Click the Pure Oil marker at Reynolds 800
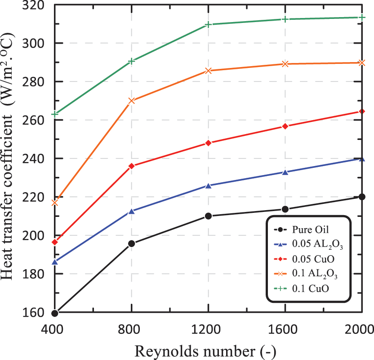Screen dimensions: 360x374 [x=132, y=243]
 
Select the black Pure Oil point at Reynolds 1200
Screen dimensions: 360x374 [x=208, y=216]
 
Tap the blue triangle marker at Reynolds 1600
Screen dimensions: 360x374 [x=285, y=172]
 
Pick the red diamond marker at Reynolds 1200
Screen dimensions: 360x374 [x=208, y=143]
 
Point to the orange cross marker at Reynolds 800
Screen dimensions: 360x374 [x=132, y=101]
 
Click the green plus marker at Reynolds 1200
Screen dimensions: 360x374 [x=208, y=24]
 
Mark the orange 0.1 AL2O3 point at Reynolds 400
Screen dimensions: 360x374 [x=55, y=203]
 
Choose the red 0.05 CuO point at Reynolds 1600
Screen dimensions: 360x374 [x=285, y=126]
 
